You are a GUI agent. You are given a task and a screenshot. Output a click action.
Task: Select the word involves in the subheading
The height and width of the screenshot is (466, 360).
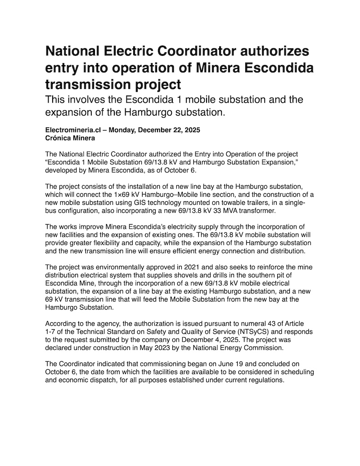[91, 100]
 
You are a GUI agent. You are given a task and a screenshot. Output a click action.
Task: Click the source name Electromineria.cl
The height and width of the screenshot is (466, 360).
[72, 130]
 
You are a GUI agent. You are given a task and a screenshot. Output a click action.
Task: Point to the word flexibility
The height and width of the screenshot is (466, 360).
[104, 243]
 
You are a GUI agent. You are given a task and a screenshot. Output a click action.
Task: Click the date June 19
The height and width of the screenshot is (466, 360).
[220, 364]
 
